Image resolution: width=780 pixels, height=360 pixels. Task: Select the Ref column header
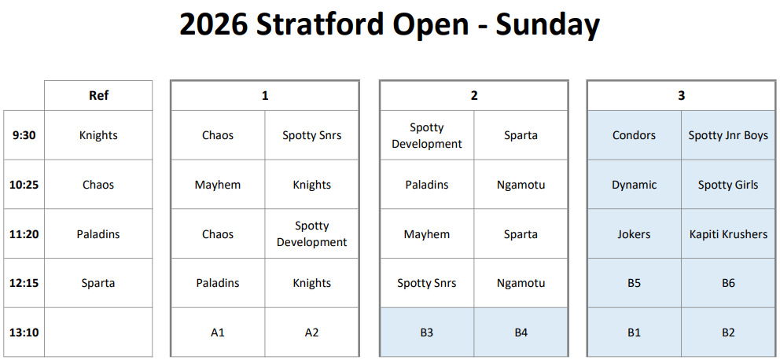98,95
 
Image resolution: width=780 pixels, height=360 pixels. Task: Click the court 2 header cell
473,95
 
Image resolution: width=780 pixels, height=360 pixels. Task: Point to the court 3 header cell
682,95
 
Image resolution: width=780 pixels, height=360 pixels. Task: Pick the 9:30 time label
24,135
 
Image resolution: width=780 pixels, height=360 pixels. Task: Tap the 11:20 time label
24,233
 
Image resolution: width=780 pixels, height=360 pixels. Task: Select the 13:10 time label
24,332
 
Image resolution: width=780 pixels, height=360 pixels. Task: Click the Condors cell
635,135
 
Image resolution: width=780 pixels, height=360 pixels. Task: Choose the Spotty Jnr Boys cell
728,135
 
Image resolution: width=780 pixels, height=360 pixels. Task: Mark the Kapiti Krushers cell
728,233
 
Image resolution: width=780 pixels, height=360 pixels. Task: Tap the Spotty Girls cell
728,185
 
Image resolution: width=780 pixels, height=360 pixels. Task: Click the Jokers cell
635,233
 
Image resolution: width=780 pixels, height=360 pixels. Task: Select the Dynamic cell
635,185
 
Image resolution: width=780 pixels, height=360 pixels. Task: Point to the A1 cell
218,332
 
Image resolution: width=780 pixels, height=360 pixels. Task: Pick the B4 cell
521,332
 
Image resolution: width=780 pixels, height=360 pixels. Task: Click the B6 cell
728,283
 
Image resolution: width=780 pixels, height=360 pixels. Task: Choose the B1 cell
635,332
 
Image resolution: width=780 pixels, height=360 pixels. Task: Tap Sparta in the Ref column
98,283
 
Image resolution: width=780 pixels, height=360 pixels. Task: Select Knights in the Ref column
98,135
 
